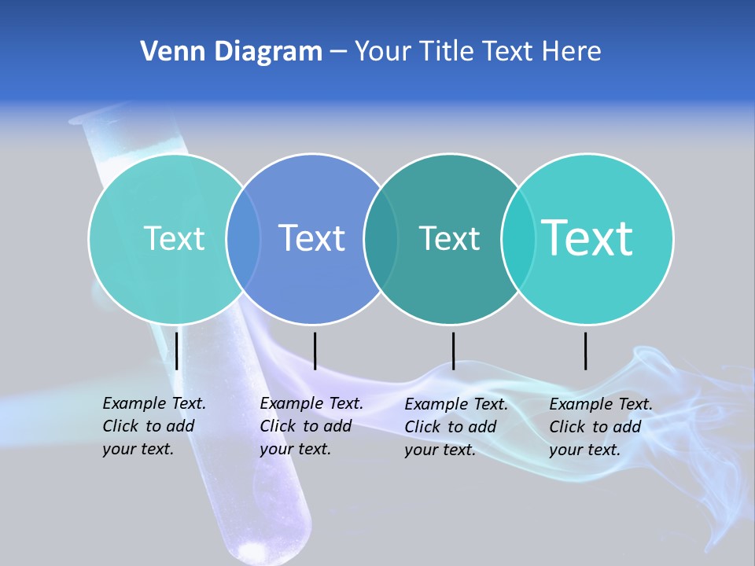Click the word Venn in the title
click(x=166, y=52)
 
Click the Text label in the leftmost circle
click(x=174, y=238)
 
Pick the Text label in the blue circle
click(x=312, y=238)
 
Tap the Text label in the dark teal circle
click(x=449, y=238)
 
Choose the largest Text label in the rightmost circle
click(x=587, y=237)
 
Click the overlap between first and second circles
click(x=243, y=238)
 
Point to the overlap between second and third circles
click(x=381, y=238)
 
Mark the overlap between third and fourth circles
click(x=518, y=238)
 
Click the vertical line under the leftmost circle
click(x=177, y=351)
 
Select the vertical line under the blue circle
click(x=315, y=351)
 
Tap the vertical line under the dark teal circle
click(x=453, y=351)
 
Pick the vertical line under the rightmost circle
click(x=586, y=351)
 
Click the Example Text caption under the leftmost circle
click(x=153, y=426)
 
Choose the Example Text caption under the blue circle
click(x=311, y=426)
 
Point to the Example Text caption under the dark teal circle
click(x=455, y=427)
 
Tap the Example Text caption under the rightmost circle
click(x=600, y=427)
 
